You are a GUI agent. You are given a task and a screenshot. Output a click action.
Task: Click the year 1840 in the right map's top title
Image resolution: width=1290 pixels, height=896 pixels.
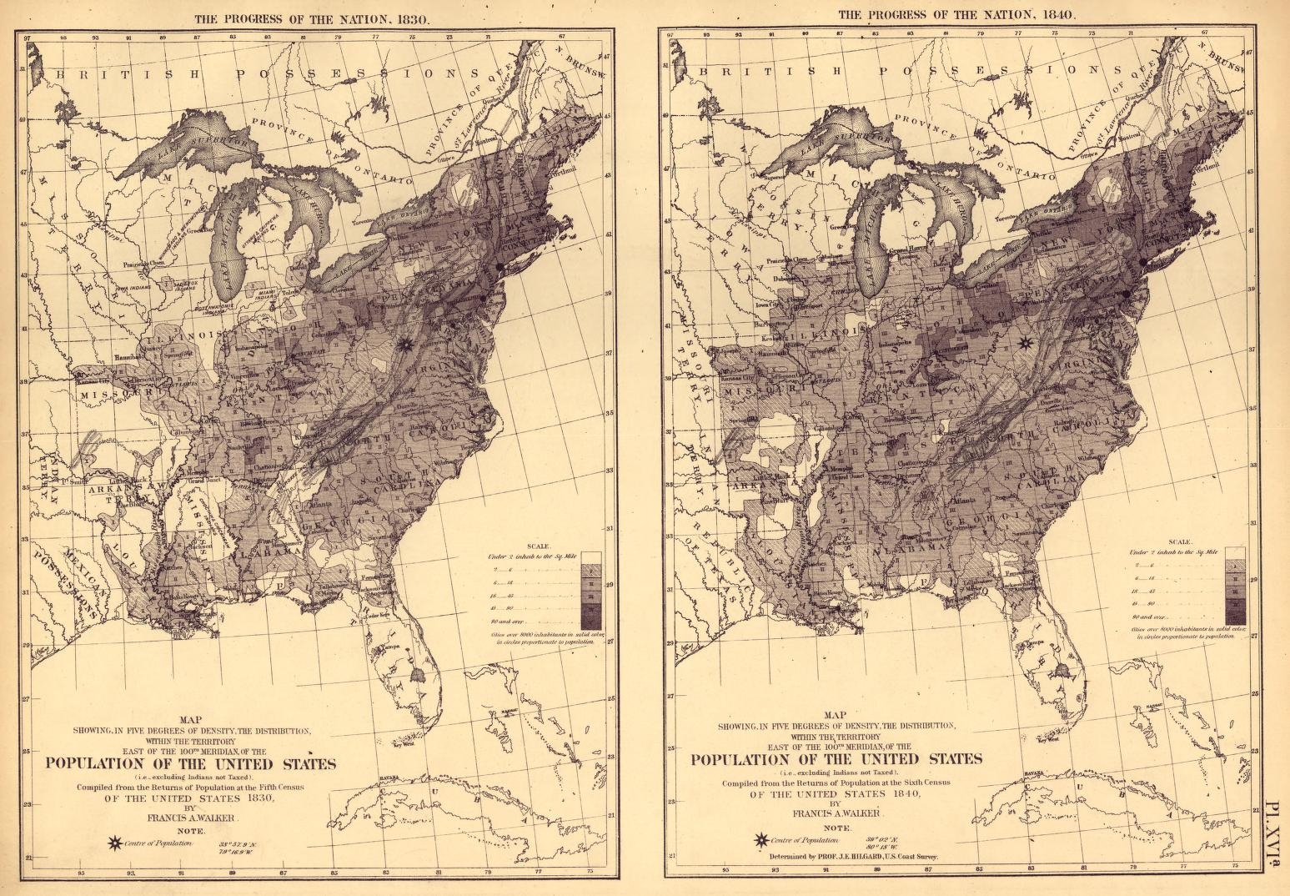pos(1056,14)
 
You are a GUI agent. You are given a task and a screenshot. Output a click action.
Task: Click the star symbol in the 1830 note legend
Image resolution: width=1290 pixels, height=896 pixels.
pos(110,843)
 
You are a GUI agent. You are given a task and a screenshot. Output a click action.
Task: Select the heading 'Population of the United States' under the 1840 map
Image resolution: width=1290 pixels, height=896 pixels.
pos(835,758)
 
